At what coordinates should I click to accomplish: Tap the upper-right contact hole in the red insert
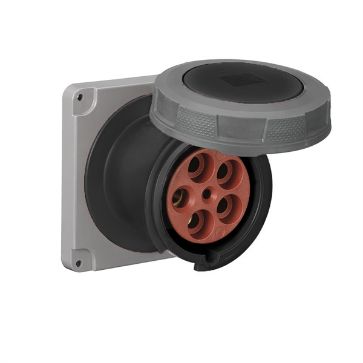(224, 171)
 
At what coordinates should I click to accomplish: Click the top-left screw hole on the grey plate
(80, 96)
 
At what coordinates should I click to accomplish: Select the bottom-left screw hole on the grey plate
(78, 263)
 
